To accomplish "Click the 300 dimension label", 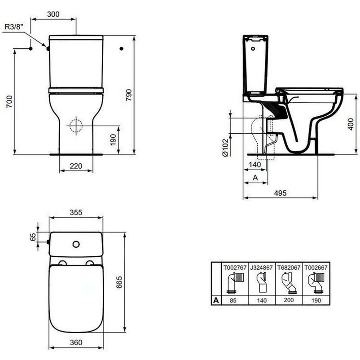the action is [53, 14].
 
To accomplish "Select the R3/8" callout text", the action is [14, 27].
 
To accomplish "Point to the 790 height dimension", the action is [129, 95].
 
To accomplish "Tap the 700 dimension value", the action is [9, 102].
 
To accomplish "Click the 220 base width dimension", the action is [76, 166].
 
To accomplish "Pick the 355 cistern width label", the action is [76, 212].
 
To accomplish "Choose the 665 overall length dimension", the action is [119, 282].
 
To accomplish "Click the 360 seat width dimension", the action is [76, 342].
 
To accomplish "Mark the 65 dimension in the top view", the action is [33, 237].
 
